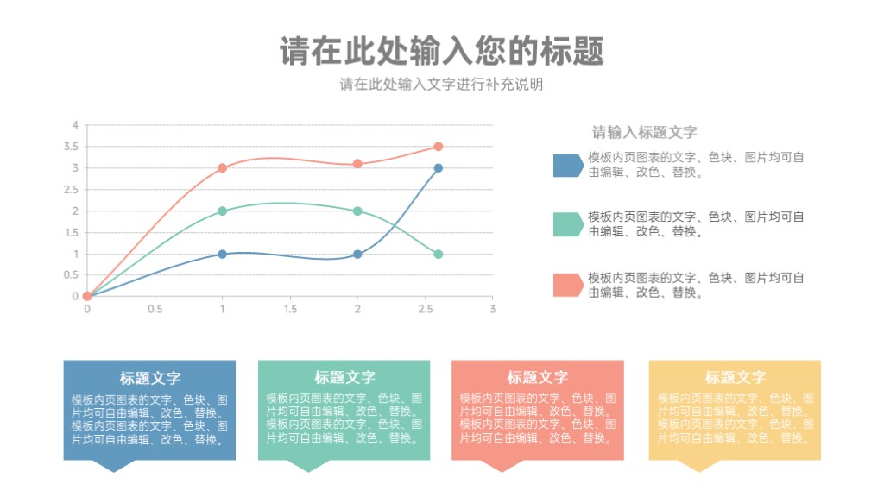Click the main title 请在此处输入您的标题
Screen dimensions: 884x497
(442, 51)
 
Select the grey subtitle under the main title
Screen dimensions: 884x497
(441, 85)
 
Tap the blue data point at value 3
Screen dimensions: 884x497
(438, 168)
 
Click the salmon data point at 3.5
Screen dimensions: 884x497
(438, 147)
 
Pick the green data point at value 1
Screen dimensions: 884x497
(438, 255)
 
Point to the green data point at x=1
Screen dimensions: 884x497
(222, 211)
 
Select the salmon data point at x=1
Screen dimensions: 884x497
(222, 168)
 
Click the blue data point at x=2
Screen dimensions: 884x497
(357, 255)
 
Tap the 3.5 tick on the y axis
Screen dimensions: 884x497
(71, 147)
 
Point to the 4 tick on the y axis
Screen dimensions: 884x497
(75, 125)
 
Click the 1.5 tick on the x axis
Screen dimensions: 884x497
(290, 309)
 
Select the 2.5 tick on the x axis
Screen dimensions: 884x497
(425, 309)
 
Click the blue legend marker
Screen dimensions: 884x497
(568, 165)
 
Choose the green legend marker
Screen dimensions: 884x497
(568, 224)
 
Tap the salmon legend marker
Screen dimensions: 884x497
(568, 285)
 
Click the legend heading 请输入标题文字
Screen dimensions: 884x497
(644, 132)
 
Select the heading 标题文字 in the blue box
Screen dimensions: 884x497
(150, 378)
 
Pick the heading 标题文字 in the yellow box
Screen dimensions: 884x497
(736, 378)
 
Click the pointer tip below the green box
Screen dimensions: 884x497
(308, 472)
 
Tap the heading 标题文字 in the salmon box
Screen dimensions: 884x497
(537, 378)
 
